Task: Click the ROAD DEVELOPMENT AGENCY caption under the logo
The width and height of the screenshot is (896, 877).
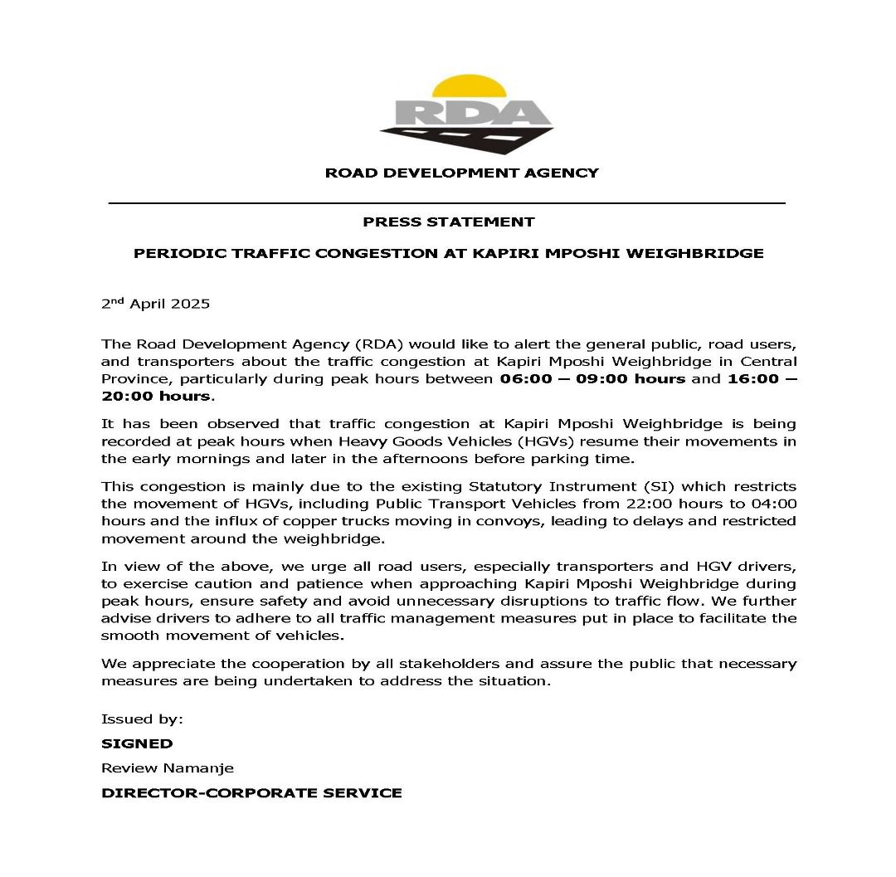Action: pyautogui.click(x=461, y=173)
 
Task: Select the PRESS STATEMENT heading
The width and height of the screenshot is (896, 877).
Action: pyautogui.click(x=448, y=222)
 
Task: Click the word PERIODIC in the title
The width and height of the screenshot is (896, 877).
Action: pyautogui.click(x=171, y=253)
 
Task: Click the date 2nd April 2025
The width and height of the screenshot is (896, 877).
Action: pyautogui.click(x=155, y=304)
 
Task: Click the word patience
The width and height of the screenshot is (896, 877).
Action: pyautogui.click(x=244, y=584)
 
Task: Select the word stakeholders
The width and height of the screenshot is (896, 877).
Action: pyautogui.click(x=437, y=664)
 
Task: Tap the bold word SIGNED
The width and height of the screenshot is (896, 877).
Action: pyautogui.click(x=137, y=743)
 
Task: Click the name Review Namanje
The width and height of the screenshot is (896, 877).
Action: pyautogui.click(x=167, y=768)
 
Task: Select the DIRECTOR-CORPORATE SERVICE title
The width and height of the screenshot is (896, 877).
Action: pyautogui.click(x=251, y=793)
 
